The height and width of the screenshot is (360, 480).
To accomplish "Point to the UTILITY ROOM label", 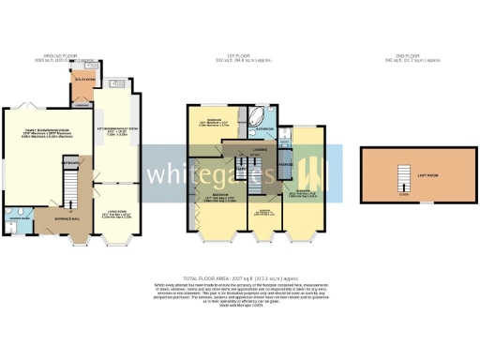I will click(x=82, y=81).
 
